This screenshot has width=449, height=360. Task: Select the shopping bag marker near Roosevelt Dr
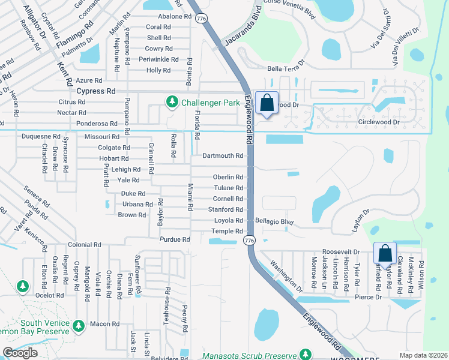[385, 254]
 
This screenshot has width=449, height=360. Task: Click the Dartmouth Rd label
[223, 155]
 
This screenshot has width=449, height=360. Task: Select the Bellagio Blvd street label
[274, 222]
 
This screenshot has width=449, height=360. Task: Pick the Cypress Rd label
[96, 91]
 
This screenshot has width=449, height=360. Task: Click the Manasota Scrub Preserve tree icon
[306, 355]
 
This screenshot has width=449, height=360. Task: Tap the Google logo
[20, 353]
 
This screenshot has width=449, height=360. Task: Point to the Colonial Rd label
[84, 245]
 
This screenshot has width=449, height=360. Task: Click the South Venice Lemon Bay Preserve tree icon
[78, 326]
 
